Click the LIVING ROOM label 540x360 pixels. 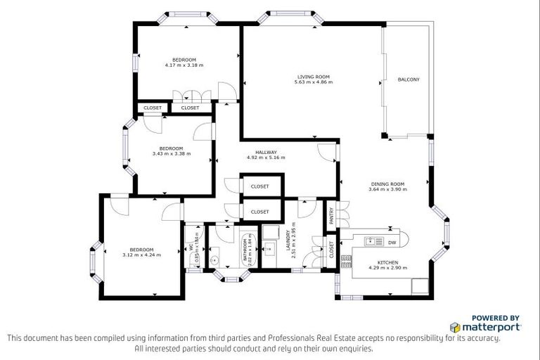coord(313,77)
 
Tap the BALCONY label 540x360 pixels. coord(409,79)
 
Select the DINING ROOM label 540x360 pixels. coord(388,184)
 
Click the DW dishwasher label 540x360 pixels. coord(392,242)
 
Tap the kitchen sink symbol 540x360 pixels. coord(370,242)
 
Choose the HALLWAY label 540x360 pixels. coord(266,152)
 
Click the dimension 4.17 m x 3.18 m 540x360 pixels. coord(184,65)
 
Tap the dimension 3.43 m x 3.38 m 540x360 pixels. coord(171,153)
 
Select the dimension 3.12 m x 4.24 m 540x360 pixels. coord(141,255)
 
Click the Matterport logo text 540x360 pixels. coord(490,327)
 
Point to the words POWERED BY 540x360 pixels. coord(495,317)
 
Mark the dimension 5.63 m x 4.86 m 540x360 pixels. coord(313,82)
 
